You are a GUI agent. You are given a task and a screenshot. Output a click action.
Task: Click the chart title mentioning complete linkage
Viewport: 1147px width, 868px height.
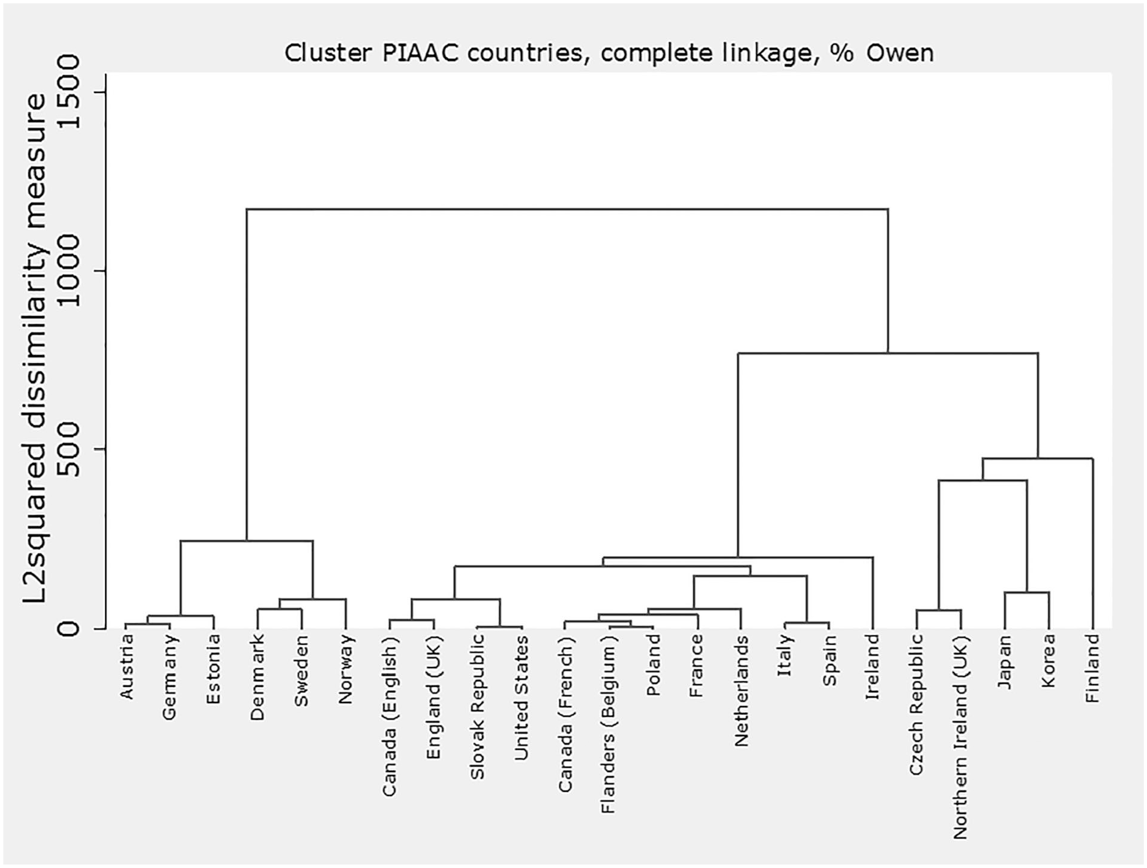[x=609, y=53]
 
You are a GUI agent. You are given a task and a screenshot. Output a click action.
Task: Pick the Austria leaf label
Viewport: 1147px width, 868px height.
[x=126, y=667]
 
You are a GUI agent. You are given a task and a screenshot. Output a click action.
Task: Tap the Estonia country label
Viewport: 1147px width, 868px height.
[x=214, y=669]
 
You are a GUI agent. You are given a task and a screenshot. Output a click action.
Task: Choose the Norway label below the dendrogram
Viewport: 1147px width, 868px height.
[x=346, y=669]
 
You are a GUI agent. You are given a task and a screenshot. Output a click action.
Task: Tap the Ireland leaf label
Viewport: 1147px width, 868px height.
[x=873, y=667]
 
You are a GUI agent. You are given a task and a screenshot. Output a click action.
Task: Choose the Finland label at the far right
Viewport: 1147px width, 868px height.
[x=1092, y=669]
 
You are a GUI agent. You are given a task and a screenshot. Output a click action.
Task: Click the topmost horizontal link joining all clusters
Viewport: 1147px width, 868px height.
[x=567, y=209]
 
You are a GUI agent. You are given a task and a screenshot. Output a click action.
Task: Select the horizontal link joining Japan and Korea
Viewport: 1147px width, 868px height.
[x=1027, y=593]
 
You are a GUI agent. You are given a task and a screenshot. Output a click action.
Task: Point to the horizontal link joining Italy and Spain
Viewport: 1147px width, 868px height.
[x=807, y=623]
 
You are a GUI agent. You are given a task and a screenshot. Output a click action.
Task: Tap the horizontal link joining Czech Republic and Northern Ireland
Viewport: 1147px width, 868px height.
[x=939, y=610]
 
